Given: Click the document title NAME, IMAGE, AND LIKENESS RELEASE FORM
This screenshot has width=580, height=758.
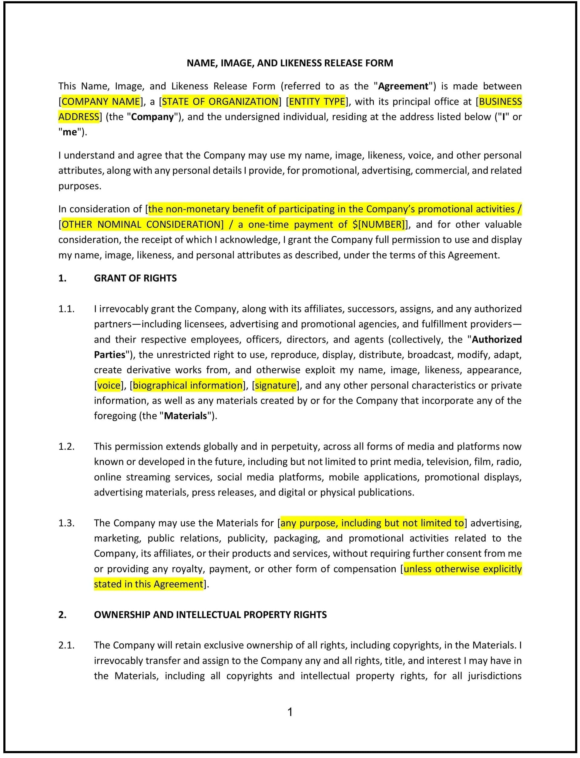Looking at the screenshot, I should tap(290, 63).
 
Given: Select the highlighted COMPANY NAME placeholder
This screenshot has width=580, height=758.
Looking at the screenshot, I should tap(101, 102).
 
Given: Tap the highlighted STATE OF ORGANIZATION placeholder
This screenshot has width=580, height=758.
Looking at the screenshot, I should tap(220, 102).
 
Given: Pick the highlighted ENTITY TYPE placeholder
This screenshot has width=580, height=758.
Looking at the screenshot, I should tap(317, 102).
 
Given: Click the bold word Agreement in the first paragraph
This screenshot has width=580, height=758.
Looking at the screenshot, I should tap(403, 86).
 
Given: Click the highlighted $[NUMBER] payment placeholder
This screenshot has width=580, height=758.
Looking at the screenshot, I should tap(378, 225).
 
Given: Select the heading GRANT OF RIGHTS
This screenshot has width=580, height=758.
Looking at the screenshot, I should tap(135, 278).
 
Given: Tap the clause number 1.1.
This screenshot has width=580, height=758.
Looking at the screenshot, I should tap(66, 309).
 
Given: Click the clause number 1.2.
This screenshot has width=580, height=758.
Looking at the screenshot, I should tap(66, 446).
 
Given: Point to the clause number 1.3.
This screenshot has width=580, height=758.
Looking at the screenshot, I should tap(66, 523).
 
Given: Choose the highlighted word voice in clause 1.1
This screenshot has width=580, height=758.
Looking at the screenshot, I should tap(109, 386).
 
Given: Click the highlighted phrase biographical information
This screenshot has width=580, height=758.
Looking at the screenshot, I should tap(188, 386).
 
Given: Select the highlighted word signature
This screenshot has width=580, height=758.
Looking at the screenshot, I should tap(276, 386).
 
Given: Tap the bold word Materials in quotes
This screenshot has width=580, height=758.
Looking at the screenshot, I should tap(185, 416).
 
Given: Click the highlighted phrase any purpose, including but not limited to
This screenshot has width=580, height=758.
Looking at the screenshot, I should tap(372, 523).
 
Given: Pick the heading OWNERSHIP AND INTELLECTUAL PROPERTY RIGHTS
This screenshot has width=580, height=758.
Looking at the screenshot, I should tap(210, 615).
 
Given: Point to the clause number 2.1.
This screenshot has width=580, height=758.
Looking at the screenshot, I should tap(66, 645).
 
